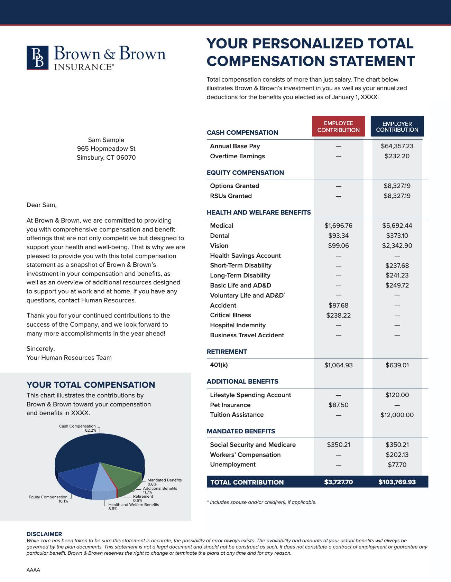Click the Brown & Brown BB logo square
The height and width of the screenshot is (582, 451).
(x=38, y=58)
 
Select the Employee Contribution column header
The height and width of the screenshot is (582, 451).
(x=338, y=126)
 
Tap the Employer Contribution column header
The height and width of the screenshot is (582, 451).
(x=397, y=126)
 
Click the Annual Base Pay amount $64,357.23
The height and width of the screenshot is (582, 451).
(x=397, y=146)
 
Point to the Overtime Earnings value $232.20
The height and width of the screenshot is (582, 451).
(x=397, y=156)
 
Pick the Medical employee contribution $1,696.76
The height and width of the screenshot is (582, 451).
(x=338, y=226)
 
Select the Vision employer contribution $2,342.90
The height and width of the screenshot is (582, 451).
(x=397, y=246)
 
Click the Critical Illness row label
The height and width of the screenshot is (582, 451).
(x=230, y=315)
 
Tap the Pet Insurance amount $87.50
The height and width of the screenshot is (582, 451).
(x=338, y=405)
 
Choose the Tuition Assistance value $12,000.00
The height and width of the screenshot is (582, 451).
(x=397, y=415)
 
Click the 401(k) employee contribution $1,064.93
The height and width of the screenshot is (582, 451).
(x=338, y=365)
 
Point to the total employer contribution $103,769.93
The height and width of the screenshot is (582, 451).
(x=397, y=482)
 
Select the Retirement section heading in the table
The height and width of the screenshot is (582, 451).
(x=227, y=352)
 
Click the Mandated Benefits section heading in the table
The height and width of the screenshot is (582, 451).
(x=241, y=431)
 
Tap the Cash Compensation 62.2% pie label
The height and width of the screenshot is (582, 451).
(x=77, y=428)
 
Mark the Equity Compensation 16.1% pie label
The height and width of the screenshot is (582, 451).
(x=48, y=499)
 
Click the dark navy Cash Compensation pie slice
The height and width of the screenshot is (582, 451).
(x=100, y=448)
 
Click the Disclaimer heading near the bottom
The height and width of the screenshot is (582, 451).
(x=44, y=534)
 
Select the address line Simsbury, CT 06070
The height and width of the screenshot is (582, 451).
(x=106, y=158)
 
